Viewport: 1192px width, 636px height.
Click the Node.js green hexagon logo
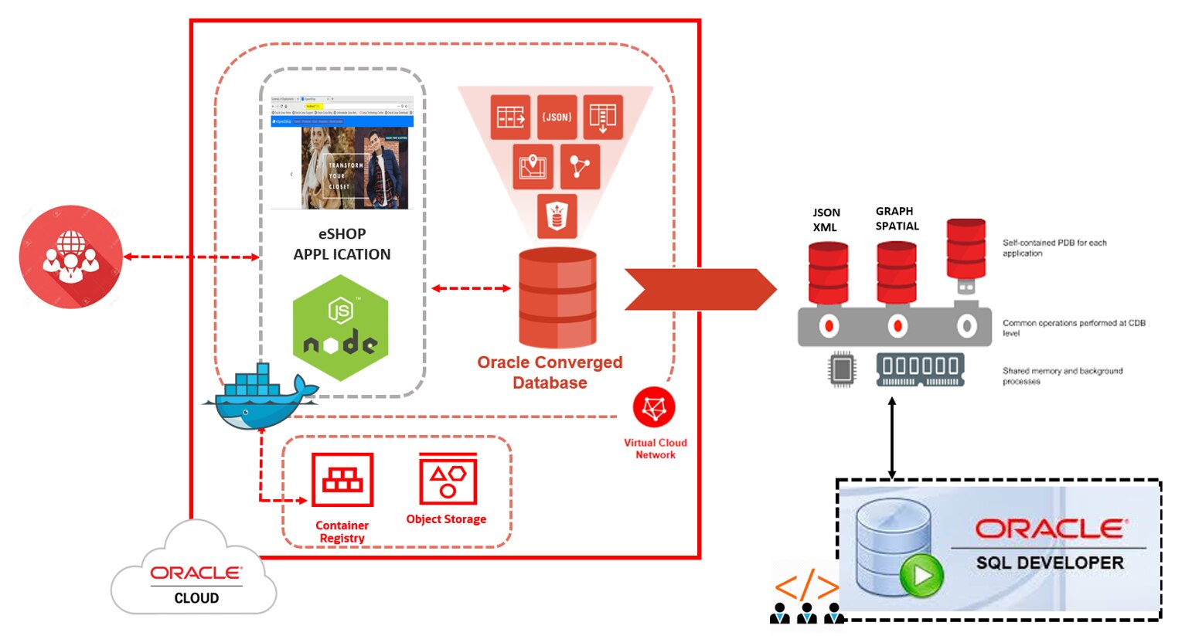[x=340, y=328]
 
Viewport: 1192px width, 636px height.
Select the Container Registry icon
[x=342, y=480]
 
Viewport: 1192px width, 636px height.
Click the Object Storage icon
[x=448, y=479]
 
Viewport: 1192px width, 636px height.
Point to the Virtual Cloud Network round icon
[x=654, y=407]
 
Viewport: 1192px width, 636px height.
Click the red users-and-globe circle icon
[x=70, y=257]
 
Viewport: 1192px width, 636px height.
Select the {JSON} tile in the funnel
[x=557, y=117]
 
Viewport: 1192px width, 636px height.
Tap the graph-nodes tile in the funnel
[x=580, y=166]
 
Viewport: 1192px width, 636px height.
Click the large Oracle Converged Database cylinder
[x=557, y=298]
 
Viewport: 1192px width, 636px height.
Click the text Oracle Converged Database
[x=550, y=372]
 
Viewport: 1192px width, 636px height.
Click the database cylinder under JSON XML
[x=828, y=273]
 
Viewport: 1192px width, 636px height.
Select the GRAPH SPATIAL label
[x=897, y=219]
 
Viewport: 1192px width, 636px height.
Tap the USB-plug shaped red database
[x=966, y=255]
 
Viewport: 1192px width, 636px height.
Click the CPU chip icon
[x=842, y=369]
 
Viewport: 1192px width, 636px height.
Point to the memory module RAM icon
[x=920, y=369]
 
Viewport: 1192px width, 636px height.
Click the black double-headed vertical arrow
[x=892, y=438]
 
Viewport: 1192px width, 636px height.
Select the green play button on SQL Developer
[x=921, y=575]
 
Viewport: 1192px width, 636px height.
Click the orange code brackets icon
[x=806, y=587]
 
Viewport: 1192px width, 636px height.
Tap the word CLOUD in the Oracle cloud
[x=196, y=598]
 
